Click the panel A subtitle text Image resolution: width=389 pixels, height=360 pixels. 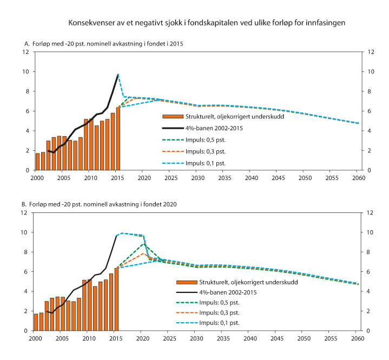coord(104,43)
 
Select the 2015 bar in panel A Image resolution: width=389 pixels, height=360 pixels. coord(118,139)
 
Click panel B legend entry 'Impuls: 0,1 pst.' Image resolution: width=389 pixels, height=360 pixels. coord(217,322)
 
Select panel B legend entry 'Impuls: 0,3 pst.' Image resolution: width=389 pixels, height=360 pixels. coord(217,312)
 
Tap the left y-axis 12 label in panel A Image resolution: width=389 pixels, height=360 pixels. coord(25,52)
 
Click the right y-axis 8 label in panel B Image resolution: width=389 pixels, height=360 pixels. coord(370,252)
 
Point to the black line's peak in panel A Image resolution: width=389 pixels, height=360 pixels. coord(118,74)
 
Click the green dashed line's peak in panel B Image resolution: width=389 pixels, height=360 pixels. coord(143,244)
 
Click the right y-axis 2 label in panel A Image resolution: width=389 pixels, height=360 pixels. coord(370,151)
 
